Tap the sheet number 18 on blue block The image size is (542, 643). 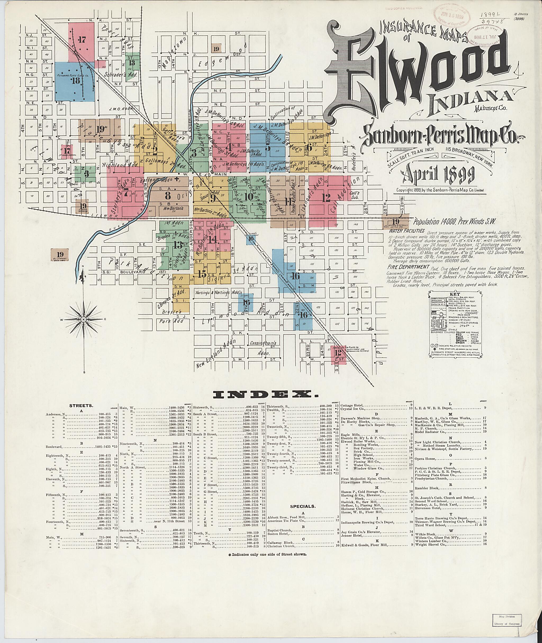(x=75, y=81)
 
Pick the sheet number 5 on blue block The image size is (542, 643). (x=268, y=147)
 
